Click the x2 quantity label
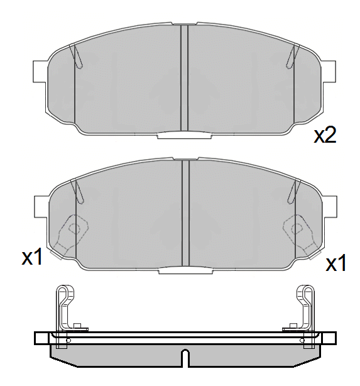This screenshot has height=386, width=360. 325,135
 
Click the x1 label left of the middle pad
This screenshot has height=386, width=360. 32,256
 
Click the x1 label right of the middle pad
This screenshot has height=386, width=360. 335,263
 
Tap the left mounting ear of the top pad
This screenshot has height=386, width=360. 40,71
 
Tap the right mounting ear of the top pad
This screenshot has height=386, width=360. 329,71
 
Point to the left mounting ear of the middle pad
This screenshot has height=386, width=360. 41,207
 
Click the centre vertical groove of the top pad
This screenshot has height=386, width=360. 184,77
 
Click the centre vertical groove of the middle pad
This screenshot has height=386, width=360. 185,213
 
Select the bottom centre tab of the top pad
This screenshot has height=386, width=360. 184,135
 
